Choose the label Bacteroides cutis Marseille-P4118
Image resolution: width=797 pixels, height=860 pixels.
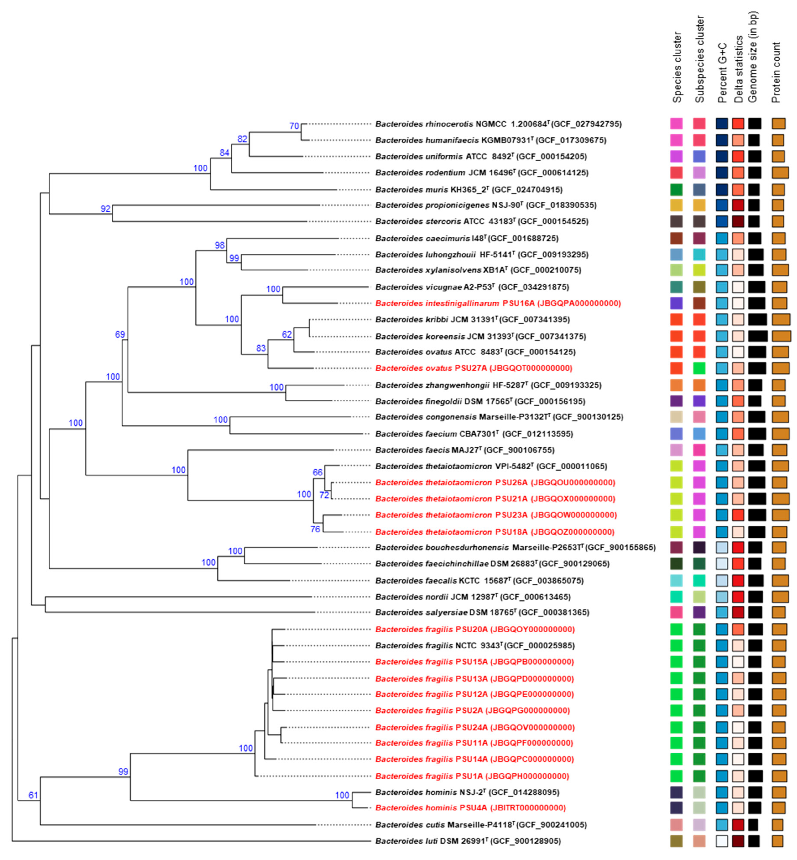point(481,825)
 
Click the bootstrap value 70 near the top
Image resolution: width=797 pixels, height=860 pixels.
point(294,126)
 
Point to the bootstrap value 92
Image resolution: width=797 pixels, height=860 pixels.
point(106,209)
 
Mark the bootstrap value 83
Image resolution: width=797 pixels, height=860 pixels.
point(261,348)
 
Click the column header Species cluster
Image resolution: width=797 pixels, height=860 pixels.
point(677,67)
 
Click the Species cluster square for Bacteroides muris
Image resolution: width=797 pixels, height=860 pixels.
point(676,189)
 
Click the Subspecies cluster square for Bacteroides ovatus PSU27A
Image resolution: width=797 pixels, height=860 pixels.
point(699,368)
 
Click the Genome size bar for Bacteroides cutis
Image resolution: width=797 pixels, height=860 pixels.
point(753,825)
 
